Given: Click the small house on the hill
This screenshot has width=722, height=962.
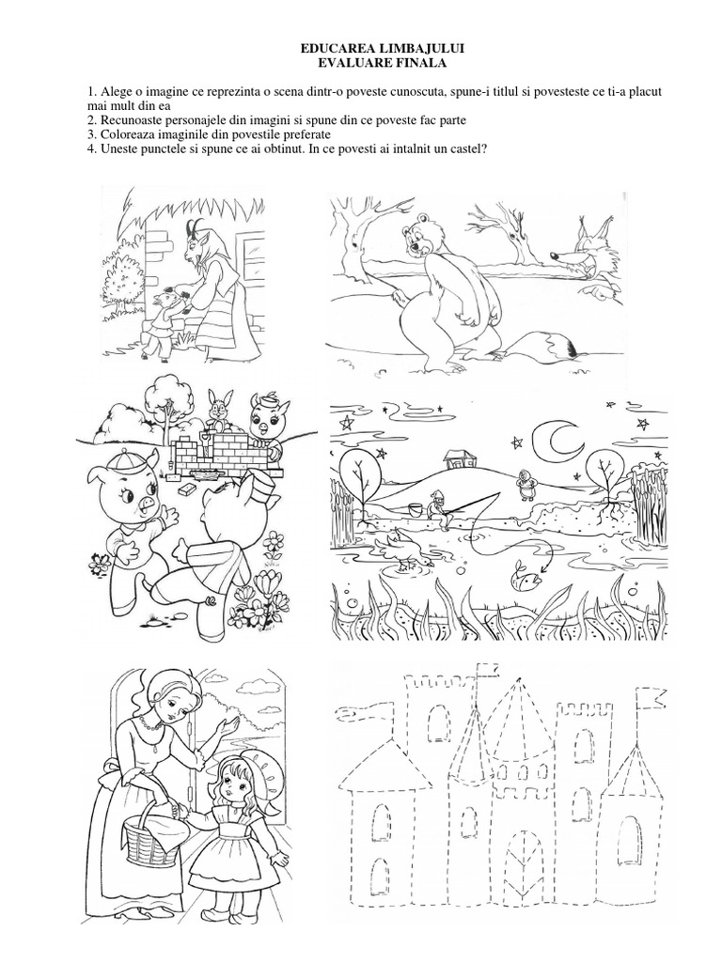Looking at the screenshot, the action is (456, 458).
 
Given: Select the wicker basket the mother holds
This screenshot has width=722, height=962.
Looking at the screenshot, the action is (149, 833).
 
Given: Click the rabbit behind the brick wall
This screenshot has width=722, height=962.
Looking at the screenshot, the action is (216, 410).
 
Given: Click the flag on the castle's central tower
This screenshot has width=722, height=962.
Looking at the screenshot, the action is (489, 670).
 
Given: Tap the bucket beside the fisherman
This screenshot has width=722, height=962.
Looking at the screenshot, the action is (415, 510).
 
